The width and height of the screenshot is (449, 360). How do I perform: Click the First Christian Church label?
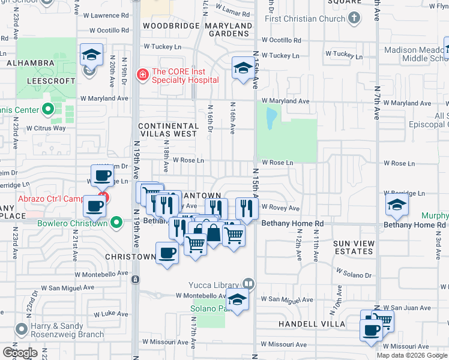[306, 19]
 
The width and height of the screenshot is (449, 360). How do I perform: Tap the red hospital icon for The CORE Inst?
[142, 75]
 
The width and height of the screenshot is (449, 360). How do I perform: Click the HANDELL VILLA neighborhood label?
[312, 324]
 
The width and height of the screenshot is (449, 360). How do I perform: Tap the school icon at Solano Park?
[238, 299]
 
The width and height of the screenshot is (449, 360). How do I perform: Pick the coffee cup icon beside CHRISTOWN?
[167, 253]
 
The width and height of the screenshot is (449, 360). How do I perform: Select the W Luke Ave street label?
[111, 314]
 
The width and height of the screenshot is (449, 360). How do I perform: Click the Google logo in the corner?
[20, 352]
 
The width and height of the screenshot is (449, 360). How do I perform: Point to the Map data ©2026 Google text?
[411, 355]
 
